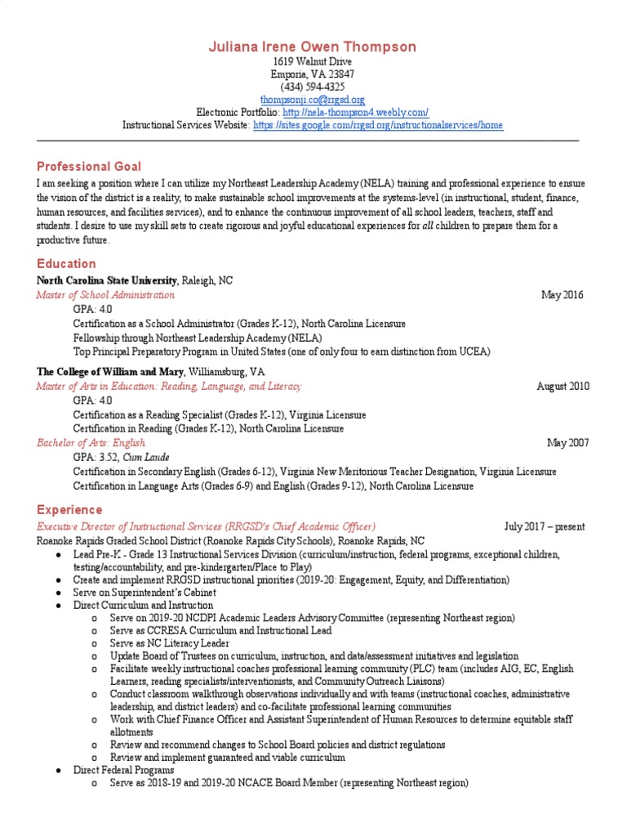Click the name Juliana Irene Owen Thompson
313,47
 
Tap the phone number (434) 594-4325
313,86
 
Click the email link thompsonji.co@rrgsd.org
313,99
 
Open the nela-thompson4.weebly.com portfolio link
356,112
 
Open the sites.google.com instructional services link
378,125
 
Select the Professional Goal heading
89,166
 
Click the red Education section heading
66,263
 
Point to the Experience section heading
70,509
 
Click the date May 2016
563,295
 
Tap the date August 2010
563,386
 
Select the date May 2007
567,443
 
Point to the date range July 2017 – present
545,526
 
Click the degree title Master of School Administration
105,295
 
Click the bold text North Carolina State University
102,280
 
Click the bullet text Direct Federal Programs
123,770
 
